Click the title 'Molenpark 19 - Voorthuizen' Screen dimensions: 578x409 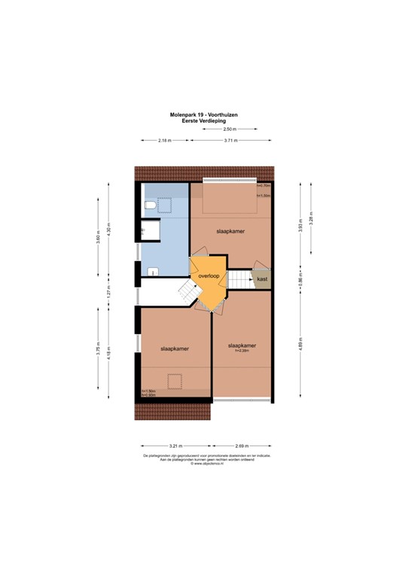coord(204,114)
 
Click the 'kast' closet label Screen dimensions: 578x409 coord(262,279)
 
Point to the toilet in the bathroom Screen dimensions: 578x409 coord(150,205)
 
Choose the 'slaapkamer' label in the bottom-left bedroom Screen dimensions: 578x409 coord(173,349)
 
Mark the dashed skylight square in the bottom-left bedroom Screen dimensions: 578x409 coord(175,381)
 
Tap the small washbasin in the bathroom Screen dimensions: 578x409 coord(153,272)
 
